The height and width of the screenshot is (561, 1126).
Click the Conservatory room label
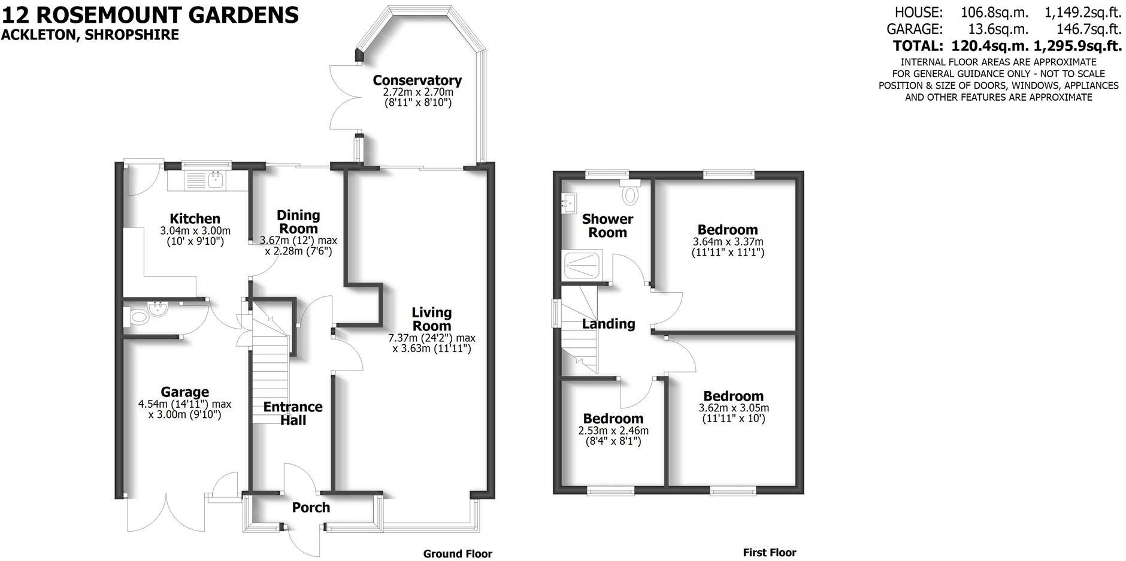point(417,80)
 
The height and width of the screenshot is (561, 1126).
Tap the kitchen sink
point(204,178)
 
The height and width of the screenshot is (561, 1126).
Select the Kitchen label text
point(195,219)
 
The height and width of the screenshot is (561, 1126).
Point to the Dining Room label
point(298,222)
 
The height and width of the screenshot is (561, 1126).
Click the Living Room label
point(431,319)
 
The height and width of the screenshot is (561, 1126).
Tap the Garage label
point(184,392)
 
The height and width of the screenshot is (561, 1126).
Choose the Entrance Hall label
point(293,413)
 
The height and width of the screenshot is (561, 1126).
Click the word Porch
point(311,508)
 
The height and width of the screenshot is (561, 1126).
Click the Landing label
point(609,324)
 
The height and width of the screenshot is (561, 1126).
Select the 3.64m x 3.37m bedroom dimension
point(728,242)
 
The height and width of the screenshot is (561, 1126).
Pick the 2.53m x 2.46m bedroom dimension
point(613,430)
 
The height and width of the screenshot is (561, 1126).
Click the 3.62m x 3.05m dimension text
point(734,408)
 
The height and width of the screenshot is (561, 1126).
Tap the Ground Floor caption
point(458,554)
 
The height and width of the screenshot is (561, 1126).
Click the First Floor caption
point(770,553)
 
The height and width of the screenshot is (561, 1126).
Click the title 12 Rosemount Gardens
point(150,14)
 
